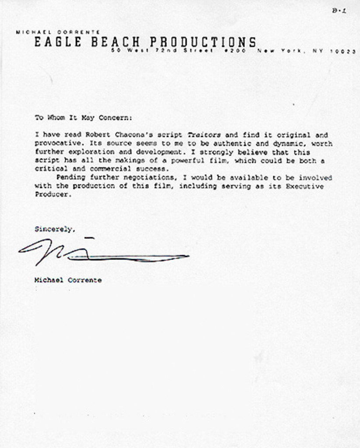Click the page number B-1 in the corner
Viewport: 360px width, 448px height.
(339, 11)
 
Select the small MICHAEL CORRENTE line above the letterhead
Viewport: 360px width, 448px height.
(58, 32)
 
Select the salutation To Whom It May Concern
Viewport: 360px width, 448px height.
(83, 118)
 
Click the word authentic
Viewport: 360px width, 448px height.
(220, 143)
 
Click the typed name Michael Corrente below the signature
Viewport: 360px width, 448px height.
(68, 280)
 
